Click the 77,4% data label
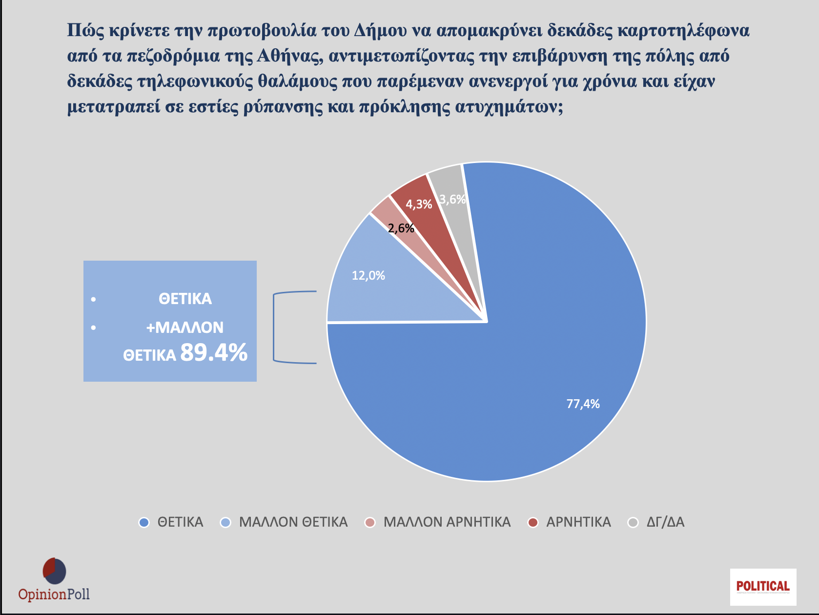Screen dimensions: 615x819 [x=583, y=404]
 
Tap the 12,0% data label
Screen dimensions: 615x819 [x=369, y=276]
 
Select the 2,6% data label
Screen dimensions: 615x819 [x=401, y=228]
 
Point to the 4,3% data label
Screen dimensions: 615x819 [x=419, y=204]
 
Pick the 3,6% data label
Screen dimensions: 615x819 [x=452, y=199]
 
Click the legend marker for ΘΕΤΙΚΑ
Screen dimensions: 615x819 [x=144, y=523]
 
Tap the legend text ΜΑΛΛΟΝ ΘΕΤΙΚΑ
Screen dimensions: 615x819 [x=293, y=522]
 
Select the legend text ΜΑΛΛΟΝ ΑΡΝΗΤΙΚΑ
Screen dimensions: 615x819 [x=447, y=522]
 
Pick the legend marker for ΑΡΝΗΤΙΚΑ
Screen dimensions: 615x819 [x=533, y=523]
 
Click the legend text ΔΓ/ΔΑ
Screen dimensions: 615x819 [x=665, y=522]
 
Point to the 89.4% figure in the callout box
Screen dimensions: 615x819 [x=214, y=352]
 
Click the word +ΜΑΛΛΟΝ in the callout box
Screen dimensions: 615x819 [x=184, y=327]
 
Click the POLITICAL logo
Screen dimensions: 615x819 [x=763, y=587]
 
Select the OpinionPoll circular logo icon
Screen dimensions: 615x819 [x=54, y=571]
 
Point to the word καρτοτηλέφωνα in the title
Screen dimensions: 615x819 [x=683, y=30]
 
